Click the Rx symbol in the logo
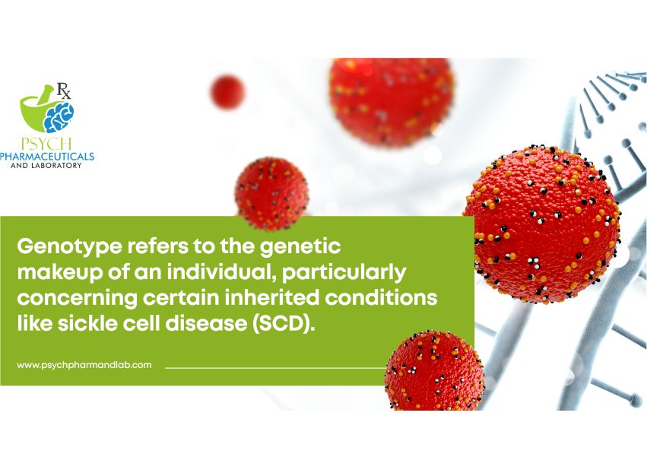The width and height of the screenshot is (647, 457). (x=64, y=90)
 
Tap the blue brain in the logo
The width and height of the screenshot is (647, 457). (x=59, y=116)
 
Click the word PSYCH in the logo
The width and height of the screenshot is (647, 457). (x=46, y=144)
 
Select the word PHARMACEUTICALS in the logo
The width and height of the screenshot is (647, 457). (x=47, y=157)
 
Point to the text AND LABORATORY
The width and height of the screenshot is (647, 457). (x=46, y=166)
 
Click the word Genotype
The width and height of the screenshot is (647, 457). (x=70, y=247)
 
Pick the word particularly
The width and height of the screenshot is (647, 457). (x=344, y=273)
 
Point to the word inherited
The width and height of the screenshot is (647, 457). (x=272, y=297)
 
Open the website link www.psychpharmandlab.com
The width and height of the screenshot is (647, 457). (x=84, y=365)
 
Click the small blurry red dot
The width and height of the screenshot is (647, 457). (x=228, y=92)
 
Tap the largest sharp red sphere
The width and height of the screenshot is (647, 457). (x=542, y=224)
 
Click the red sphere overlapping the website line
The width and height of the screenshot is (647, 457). (x=434, y=371)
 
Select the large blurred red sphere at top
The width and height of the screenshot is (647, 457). (x=392, y=102)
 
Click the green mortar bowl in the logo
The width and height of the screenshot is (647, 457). (x=36, y=110)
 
